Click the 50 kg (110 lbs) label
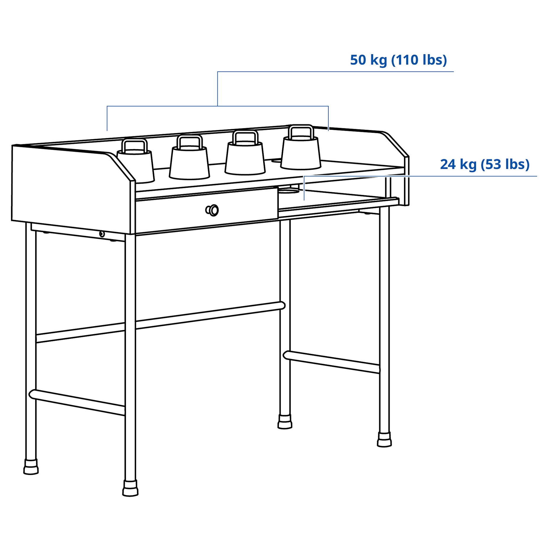398,60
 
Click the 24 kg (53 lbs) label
484,164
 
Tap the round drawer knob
212,210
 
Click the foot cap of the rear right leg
285,421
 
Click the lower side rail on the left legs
77,402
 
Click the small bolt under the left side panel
102,234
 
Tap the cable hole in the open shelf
288,192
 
